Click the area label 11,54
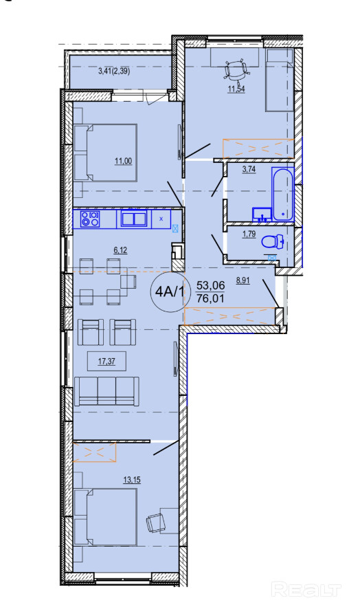237,89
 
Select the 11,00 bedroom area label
123,160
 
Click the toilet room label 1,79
249,234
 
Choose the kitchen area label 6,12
121,250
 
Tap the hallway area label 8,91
243,281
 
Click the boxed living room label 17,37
106,362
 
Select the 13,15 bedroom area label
132,480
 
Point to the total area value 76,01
211,299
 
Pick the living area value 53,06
211,285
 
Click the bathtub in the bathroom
282,193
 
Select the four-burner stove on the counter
90,219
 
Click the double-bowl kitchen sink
134,219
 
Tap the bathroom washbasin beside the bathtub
262,214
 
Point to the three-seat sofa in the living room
106,391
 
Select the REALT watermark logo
306,590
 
